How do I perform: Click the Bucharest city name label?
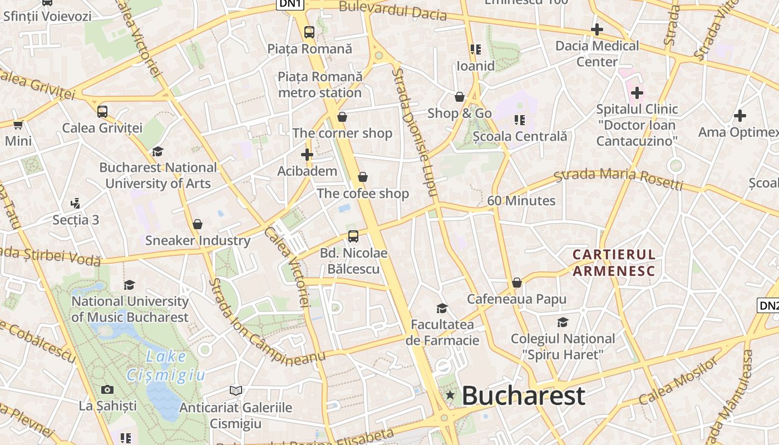pos(523,396)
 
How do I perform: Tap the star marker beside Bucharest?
pos(450,395)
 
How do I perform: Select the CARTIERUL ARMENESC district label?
pos(614,263)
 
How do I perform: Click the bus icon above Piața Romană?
pos(309,32)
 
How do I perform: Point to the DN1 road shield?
pos(290,4)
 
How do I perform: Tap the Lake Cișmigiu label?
pos(166,365)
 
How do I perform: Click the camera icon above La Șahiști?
pos(107,389)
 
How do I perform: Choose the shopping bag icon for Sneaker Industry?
pos(197,224)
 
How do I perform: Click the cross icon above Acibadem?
pos(307,154)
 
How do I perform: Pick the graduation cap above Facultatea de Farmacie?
pos(442,308)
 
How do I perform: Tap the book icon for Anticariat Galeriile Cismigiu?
pos(236,391)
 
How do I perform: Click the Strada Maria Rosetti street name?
pos(618,178)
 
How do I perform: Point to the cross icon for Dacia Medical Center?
pos(597,29)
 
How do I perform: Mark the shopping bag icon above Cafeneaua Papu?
pos(516,283)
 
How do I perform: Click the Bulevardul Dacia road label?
pos(393,10)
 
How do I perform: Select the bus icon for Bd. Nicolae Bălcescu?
pos(353,236)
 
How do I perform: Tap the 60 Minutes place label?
pos(521,201)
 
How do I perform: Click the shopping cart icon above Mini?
pos(18,124)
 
